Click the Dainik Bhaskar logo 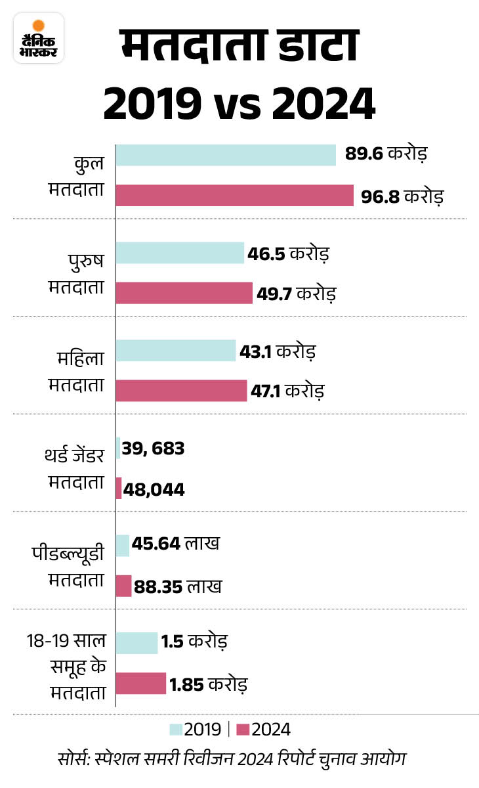coord(39,38)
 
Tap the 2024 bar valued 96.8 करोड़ coord(234,196)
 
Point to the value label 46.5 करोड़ coord(288,253)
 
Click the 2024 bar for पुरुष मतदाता coord(184,293)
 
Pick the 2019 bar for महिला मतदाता coord(175,350)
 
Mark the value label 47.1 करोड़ coord(287,391)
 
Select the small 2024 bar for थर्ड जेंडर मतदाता coord(119,488)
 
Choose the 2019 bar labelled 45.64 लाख coord(122,545)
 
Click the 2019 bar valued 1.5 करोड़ coord(136,642)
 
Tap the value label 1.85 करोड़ coord(208,684)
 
